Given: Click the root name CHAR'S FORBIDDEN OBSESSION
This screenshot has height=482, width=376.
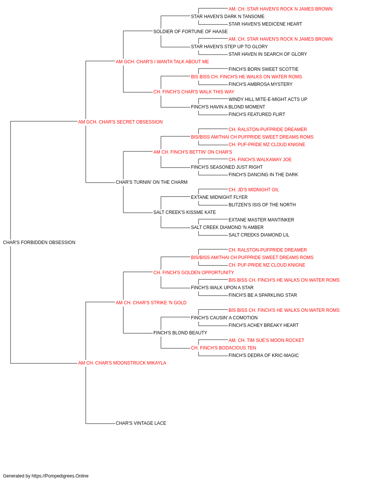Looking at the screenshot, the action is click(39, 243).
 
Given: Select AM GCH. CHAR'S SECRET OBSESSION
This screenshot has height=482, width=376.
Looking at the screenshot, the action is click(120, 122).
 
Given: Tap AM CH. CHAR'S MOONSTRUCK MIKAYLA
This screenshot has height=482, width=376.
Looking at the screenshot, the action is click(122, 363).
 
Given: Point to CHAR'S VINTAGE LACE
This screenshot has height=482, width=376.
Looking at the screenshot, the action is click(141, 423).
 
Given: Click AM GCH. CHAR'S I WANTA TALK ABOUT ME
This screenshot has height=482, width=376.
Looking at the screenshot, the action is click(162, 62).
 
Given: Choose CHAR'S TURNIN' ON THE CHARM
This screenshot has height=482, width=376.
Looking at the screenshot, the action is click(152, 182).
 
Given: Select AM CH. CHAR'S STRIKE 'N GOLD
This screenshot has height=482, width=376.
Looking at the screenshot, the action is click(151, 303).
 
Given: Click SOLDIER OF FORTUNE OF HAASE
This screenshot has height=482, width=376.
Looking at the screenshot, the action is click(190, 32).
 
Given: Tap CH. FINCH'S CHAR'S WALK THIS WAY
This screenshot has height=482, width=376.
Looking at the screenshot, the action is click(194, 92).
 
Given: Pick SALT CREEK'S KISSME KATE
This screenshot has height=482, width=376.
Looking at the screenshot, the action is click(185, 212).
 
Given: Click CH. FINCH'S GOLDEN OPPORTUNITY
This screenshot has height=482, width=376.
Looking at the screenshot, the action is click(194, 273).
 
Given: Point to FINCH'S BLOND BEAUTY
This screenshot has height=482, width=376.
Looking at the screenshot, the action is click(180, 333).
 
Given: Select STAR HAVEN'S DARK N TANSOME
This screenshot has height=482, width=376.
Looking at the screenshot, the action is click(227, 17).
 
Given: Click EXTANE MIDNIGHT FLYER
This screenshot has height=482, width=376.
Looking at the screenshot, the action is click(219, 197).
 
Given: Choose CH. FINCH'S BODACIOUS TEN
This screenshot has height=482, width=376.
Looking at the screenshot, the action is click(223, 348).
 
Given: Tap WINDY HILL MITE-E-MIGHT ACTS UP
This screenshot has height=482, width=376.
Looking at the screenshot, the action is click(268, 99).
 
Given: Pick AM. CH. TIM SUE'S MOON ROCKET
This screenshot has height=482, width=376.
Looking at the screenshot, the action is click(266, 340).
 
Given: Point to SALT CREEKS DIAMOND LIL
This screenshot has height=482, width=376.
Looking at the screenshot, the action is click(259, 235).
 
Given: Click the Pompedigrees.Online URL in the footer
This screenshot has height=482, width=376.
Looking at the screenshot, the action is click(60, 476).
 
